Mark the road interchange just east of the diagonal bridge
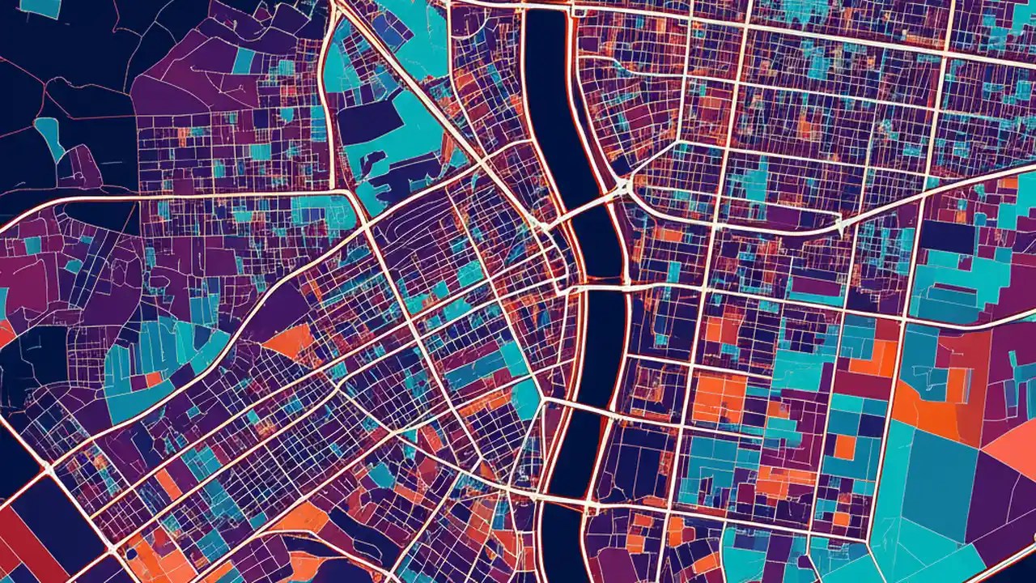tap(623, 188)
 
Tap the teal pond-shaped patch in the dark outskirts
tap(50, 134)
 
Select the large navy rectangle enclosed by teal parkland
tap(369, 121)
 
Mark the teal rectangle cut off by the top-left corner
tap(40, 7)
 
